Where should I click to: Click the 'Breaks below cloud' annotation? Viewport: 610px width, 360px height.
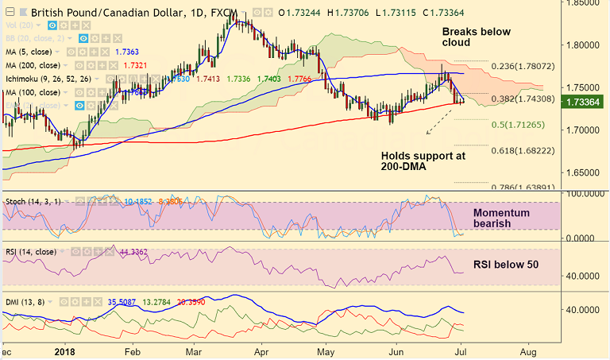pos(476,37)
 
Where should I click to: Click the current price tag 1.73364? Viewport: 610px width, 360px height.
pos(585,103)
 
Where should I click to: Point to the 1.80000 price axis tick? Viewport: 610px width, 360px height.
pos(585,44)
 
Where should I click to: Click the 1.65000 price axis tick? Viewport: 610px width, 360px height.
pos(585,172)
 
